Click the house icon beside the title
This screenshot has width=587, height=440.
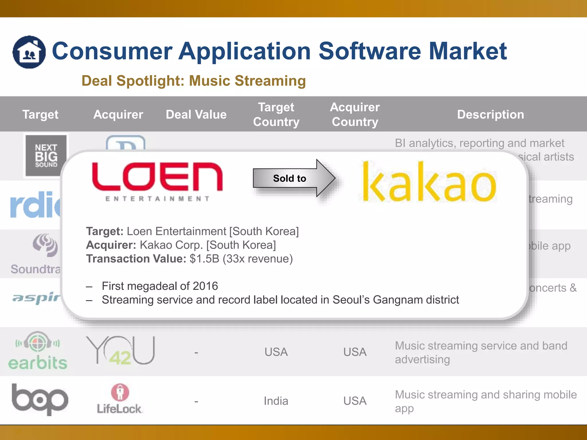coord(29,52)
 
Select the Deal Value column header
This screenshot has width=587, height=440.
coord(196,115)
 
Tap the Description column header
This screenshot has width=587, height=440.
coord(490,115)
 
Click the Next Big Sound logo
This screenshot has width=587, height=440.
coord(46,156)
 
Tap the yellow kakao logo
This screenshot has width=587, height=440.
coord(429,182)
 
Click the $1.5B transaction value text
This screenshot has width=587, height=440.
coord(204,259)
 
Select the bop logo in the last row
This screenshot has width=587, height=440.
coord(40,399)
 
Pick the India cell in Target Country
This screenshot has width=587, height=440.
coord(276,401)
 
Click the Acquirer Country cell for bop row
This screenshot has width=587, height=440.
coord(355,401)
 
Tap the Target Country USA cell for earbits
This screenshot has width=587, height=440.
coord(276,352)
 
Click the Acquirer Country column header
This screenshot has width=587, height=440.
coord(355,115)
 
